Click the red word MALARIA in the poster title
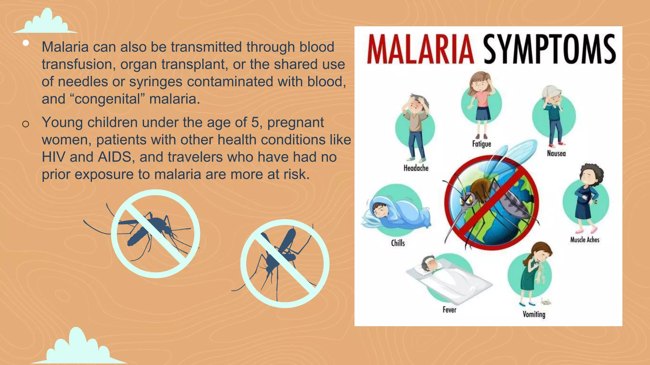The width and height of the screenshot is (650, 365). point(420,50)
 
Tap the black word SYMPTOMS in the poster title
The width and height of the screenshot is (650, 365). point(549,50)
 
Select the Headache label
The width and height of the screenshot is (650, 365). point(416,168)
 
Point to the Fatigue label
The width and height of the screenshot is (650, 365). point(481,144)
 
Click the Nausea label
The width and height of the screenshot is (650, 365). point(556,154)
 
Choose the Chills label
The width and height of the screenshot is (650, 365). point(398,243)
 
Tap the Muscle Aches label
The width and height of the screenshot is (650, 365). point(585,240)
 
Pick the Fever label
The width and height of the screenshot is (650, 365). point(449,310)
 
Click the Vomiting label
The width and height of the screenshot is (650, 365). point(534,314)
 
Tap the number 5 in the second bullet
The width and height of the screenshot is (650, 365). point(255,123)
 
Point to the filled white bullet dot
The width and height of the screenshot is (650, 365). point(26,43)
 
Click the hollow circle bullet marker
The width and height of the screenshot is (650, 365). point(26,124)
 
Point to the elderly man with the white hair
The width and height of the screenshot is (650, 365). point(554,114)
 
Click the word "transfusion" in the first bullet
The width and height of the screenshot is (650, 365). point(76,64)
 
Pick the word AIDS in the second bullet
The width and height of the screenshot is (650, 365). point(114,157)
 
